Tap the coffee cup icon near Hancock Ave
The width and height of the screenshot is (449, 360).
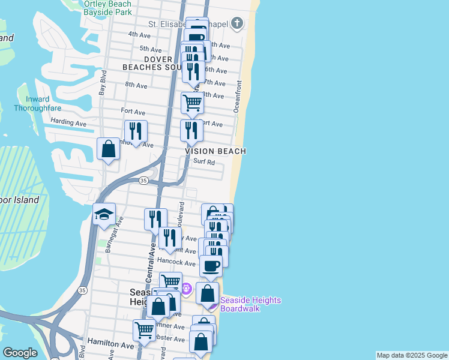click(211, 266)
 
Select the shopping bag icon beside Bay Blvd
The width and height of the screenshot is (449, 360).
click(108, 149)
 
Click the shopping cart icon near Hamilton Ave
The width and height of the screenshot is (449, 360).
click(144, 330)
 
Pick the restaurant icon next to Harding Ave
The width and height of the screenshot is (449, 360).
click(136, 131)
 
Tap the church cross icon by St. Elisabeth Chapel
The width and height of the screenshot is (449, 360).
click(237, 23)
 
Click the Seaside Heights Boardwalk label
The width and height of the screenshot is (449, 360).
click(250, 304)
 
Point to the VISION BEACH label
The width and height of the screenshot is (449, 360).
click(215, 152)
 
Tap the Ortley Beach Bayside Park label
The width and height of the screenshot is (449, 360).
click(107, 8)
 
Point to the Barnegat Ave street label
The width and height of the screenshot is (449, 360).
click(110, 236)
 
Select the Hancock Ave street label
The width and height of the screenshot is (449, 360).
click(176, 263)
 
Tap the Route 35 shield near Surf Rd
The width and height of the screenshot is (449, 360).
click(143, 180)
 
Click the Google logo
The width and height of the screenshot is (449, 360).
click(20, 353)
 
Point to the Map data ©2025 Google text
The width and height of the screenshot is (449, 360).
click(412, 355)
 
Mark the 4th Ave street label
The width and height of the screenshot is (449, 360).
click(139, 35)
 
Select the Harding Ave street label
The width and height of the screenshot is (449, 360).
click(68, 123)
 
